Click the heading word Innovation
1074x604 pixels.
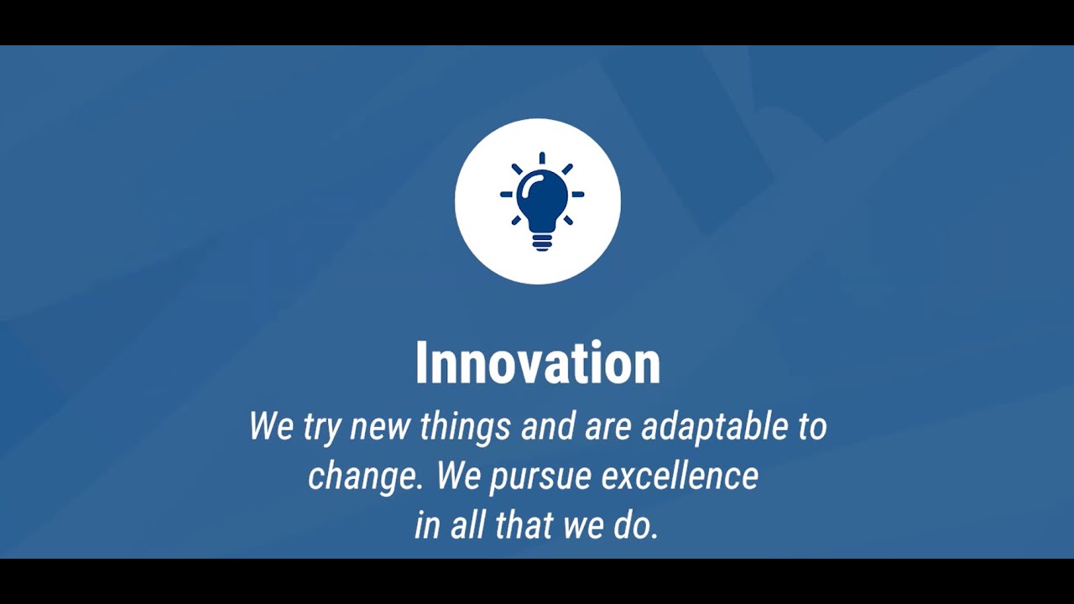[538, 363]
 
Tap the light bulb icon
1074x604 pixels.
[541, 201]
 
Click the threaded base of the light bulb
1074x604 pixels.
[542, 242]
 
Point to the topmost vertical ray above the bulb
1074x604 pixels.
[542, 158]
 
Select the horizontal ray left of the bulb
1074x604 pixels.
[506, 195]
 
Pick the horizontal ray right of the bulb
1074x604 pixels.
[577, 195]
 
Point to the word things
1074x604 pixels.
[465, 426]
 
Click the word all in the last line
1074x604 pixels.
[465, 525]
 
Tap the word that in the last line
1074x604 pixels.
[523, 525]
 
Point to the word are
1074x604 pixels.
[607, 427]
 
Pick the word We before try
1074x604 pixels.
[271, 426]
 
